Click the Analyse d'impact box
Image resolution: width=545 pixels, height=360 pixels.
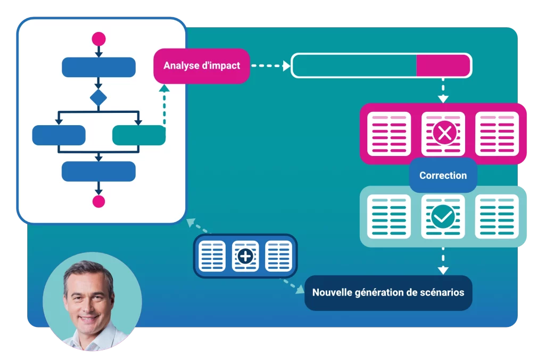tap(202, 66)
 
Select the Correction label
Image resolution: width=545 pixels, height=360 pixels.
tap(443, 175)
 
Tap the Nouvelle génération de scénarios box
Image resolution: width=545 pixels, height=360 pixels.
tap(388, 292)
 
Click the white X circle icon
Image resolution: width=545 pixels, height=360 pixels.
tap(443, 134)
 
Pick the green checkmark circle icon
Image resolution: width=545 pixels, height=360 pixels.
tap(443, 217)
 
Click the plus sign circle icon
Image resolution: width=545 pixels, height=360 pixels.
tap(245, 257)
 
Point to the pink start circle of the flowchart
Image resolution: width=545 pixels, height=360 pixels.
tap(98, 39)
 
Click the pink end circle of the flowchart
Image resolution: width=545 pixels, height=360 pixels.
tap(98, 201)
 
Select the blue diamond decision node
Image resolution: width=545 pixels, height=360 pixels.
tap(98, 98)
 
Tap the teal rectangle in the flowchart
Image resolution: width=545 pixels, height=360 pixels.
tap(138, 135)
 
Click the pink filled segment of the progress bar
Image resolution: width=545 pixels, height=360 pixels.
tap(443, 66)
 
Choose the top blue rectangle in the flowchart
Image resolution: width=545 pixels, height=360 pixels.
tap(98, 67)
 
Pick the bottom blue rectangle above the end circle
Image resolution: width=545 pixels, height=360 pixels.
tap(98, 171)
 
